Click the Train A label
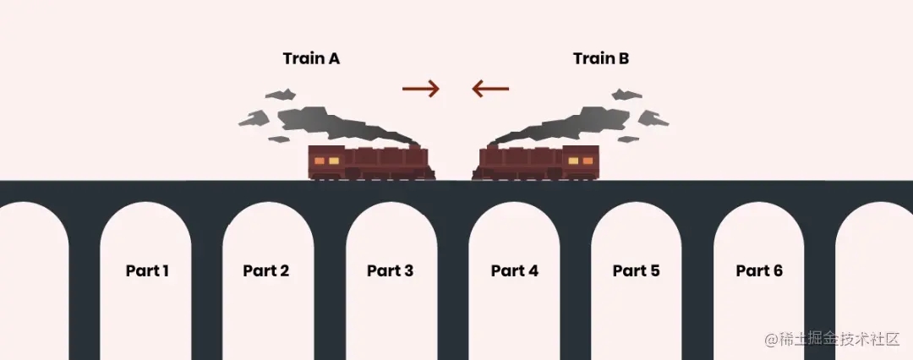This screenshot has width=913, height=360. coord(311,59)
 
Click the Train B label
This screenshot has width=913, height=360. coord(601,59)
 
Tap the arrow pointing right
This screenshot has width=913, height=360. coord(421,88)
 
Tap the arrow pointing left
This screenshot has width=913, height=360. coord(490,88)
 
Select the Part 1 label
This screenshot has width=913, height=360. coord(147,271)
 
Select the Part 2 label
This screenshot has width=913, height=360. coord(265,271)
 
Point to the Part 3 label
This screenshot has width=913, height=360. coord(390,271)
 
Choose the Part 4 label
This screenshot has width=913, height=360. coord(514,271)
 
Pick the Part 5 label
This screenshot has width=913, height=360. coord(636,271)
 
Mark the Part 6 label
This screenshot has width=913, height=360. coord(759,271)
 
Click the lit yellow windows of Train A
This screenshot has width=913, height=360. coord(327,160)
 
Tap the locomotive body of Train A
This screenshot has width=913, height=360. coord(372,162)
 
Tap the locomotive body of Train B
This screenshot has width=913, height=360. coord(537,162)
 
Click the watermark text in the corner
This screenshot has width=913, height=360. coord(832,340)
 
